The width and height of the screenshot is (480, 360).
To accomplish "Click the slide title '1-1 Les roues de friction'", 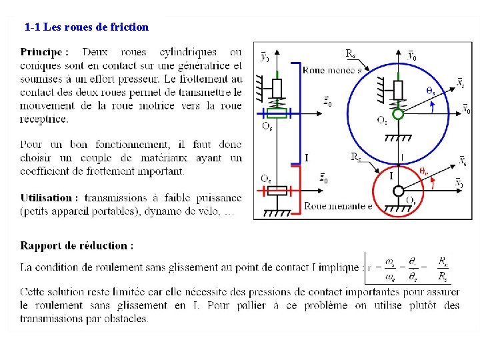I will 86,27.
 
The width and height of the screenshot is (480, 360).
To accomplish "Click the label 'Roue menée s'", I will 333,70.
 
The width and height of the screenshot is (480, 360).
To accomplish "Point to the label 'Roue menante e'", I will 338,206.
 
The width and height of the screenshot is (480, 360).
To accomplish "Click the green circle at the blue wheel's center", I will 398,114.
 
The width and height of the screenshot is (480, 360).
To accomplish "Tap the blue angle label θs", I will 431,91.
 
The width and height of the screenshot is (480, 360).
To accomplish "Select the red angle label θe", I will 424,171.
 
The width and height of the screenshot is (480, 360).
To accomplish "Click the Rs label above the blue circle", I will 351,53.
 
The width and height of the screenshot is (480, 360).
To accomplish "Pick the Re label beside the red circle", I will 356,157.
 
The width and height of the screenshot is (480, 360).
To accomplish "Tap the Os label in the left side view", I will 267,125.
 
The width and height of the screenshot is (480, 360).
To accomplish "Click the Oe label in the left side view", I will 265,178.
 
